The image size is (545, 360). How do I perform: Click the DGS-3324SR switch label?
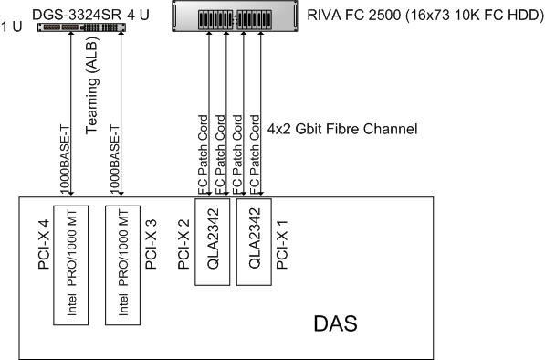click(76, 15)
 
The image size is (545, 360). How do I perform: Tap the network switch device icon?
click(81, 27)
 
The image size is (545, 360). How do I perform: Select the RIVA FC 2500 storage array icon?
click(235, 16)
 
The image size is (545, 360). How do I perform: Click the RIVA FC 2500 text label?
click(353, 16)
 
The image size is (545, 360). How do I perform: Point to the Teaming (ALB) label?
click(92, 85)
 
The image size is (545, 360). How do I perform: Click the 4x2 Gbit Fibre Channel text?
click(342, 129)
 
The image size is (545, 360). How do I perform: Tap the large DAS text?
click(335, 323)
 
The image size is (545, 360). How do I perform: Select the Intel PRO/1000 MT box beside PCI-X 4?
click(71, 265)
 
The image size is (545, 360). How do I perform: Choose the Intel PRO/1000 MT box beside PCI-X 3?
click(123, 265)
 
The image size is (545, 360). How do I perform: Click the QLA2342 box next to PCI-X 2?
click(213, 242)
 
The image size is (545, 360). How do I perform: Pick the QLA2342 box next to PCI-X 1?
click(254, 242)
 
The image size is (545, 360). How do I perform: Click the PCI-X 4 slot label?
click(44, 244)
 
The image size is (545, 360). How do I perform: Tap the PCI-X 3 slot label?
click(151, 244)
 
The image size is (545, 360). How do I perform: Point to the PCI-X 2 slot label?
click(183, 244)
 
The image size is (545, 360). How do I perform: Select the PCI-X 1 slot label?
click(282, 244)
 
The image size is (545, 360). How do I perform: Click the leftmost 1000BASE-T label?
click(65, 159)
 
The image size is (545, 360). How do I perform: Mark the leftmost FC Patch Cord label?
click(203, 154)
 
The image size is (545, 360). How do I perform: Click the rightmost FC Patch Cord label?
click(254, 154)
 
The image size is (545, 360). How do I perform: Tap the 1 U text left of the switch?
click(11, 26)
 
